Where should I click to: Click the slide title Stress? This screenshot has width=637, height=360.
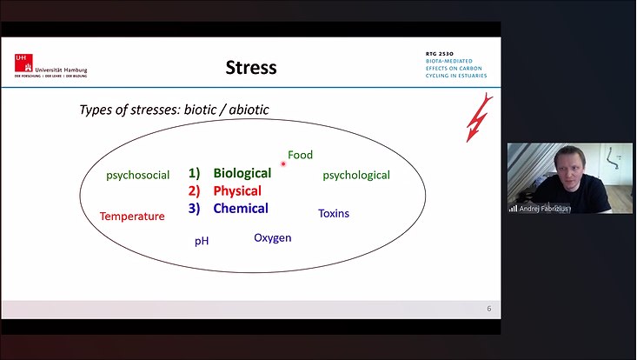tap(250, 67)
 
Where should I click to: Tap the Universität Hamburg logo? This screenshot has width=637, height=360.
tap(50, 65)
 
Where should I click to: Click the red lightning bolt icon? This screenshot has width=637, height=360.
tap(479, 117)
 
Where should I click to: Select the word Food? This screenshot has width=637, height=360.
tap(300, 155)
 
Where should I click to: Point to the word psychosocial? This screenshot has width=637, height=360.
tap(137, 175)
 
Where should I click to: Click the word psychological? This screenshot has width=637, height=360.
tap(356, 175)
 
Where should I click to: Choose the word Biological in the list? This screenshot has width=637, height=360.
tap(242, 173)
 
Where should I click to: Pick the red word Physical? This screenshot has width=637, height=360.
tap(237, 190)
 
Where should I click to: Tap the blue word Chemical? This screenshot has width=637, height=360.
tap(241, 209)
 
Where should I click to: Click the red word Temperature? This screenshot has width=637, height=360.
tap(132, 216)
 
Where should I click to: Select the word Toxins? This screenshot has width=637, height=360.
tap(334, 213)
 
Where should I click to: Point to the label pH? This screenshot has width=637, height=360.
tap(202, 241)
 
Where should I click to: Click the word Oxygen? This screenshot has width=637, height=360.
tap(272, 237)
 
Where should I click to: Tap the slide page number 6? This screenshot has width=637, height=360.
tap(488, 309)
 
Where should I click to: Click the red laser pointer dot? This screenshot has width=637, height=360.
tap(283, 163)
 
